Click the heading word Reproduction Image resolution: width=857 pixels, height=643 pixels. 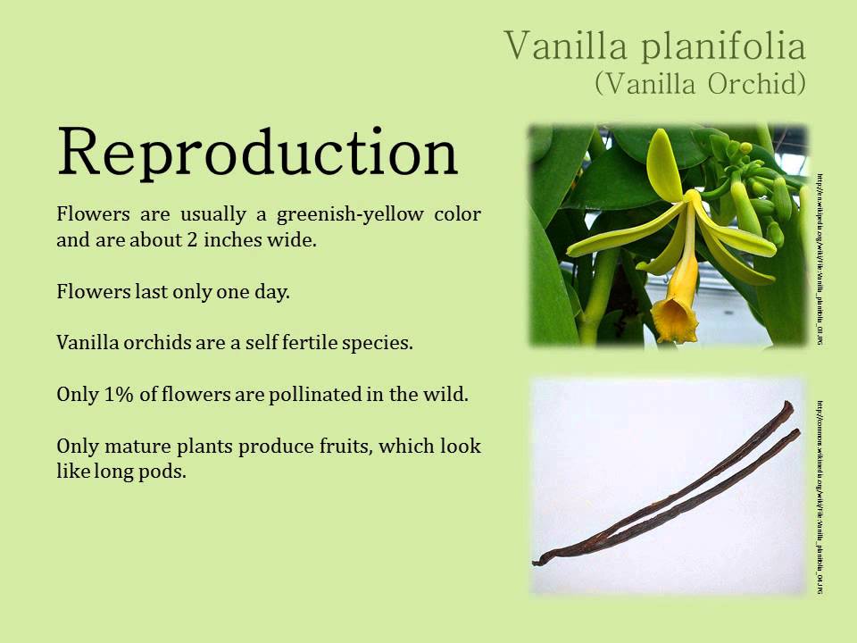tap(257, 152)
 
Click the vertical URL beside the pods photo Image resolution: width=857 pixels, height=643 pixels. tap(819, 496)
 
